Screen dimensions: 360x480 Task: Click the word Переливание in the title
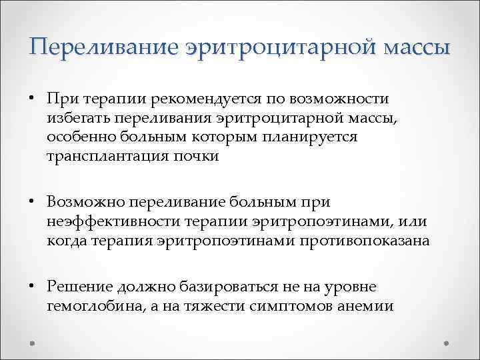pos(104,47)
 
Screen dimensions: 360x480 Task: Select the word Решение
pos(79,287)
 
